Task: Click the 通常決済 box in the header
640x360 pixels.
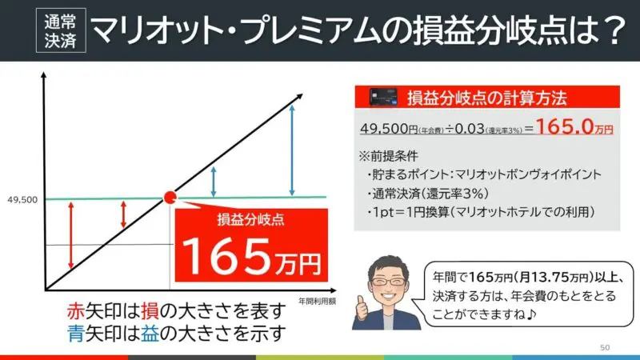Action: (61, 30)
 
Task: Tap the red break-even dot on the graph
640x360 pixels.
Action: (170, 198)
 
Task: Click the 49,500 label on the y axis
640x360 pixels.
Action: (22, 200)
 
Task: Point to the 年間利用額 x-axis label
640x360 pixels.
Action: (317, 302)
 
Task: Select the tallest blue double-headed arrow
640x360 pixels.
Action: (292, 150)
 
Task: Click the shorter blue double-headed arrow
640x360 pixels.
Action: (214, 182)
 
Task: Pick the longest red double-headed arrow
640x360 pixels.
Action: (71, 235)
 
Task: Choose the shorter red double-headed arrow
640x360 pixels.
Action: (124, 214)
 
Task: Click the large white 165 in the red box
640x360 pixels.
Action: (227, 256)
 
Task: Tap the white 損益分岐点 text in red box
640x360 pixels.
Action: (250, 220)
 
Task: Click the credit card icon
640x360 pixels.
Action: (383, 97)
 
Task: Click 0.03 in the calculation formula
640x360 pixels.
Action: (470, 129)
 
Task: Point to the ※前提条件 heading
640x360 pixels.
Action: (388, 156)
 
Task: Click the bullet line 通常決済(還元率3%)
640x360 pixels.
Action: (428, 194)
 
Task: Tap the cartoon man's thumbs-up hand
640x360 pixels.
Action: (362, 309)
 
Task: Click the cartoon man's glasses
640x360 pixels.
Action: (387, 282)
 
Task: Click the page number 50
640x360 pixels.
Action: (605, 347)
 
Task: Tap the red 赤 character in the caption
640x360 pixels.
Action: (75, 312)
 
